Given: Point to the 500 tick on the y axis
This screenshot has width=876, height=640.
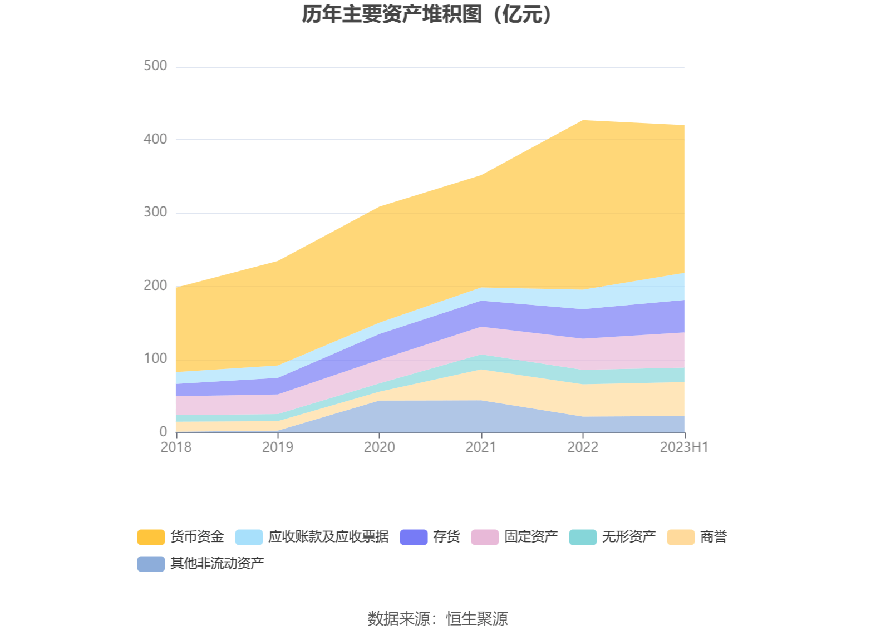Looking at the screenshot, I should (x=155, y=66).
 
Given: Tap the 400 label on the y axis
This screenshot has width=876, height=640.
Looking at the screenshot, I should (x=155, y=139).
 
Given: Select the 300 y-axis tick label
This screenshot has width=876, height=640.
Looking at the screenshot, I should (x=155, y=212).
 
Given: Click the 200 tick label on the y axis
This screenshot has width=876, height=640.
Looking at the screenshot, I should (x=155, y=285).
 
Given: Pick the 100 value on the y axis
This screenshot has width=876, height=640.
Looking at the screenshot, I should (x=155, y=358).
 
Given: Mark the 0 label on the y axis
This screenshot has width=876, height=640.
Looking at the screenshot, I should (x=163, y=431).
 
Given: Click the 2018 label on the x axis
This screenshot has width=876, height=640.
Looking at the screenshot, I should (x=176, y=447).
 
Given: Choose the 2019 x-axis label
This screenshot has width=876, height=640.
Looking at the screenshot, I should (x=278, y=447).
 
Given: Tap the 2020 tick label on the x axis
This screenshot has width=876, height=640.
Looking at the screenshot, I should (x=380, y=447).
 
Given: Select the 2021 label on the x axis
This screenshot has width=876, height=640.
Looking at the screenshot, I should (x=481, y=447).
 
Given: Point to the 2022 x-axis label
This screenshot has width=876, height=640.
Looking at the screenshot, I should (x=583, y=447).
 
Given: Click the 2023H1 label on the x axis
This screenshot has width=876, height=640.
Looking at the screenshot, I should (x=684, y=447).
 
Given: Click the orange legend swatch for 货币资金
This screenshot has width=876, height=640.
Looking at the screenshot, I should (x=151, y=537).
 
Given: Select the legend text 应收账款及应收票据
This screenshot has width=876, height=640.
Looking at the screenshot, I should (x=328, y=536).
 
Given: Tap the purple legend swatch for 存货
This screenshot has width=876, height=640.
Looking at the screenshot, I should (x=414, y=537).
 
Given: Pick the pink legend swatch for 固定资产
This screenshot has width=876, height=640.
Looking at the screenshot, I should (x=485, y=537).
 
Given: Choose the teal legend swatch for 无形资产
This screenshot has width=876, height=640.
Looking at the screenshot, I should (x=583, y=537).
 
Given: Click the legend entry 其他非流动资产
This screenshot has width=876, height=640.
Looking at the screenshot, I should (x=217, y=563).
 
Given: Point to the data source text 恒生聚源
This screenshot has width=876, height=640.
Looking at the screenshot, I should (x=477, y=618).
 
